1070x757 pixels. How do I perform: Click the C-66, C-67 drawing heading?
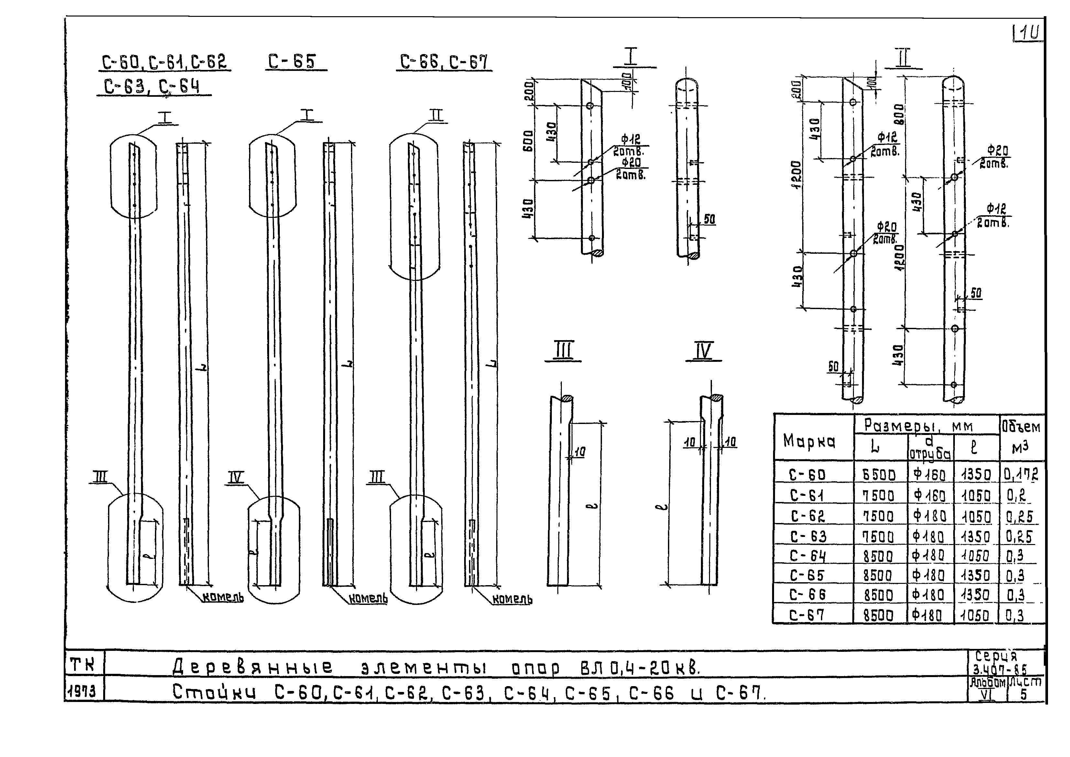[x=444, y=61]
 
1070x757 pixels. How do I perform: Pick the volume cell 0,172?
[x=1021, y=474]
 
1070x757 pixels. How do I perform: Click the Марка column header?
[x=809, y=440]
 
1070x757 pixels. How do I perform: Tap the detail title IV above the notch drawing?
[x=703, y=351]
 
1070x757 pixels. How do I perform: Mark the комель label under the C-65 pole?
[x=368, y=598]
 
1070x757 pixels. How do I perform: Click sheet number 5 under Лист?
[x=1023, y=695]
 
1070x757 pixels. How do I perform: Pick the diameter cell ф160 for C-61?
[x=930, y=495]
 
